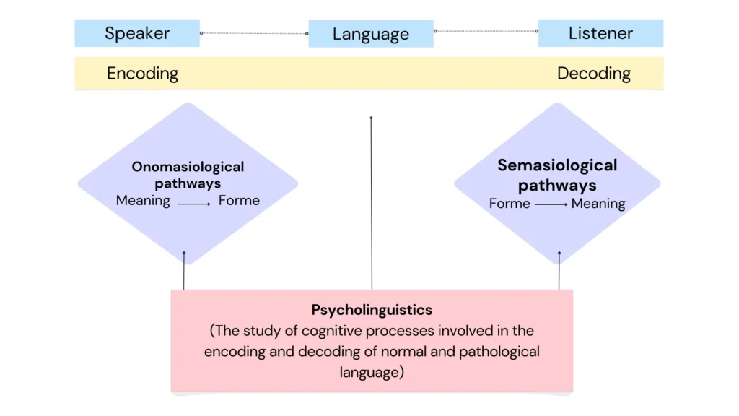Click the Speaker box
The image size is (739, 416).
point(137,33)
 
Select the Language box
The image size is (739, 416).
point(371,34)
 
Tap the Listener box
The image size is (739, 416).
point(600,33)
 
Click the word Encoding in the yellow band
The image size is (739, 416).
point(142,74)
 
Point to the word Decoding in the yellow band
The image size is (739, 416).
point(594,74)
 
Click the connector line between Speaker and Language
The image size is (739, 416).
point(254,33)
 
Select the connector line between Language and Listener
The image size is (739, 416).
point(486,31)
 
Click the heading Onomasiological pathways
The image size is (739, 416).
point(188,175)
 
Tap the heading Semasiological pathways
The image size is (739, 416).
point(557,175)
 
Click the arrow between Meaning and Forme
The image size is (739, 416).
point(194,204)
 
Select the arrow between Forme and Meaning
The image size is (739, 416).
point(551,205)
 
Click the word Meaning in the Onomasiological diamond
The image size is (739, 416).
point(143,201)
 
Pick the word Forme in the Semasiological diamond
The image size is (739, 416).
point(510,204)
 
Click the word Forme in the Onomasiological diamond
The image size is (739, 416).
point(239,201)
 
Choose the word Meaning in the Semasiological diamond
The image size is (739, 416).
point(598,204)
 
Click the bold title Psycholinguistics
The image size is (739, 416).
point(372,310)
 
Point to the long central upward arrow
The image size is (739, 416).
point(371,202)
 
